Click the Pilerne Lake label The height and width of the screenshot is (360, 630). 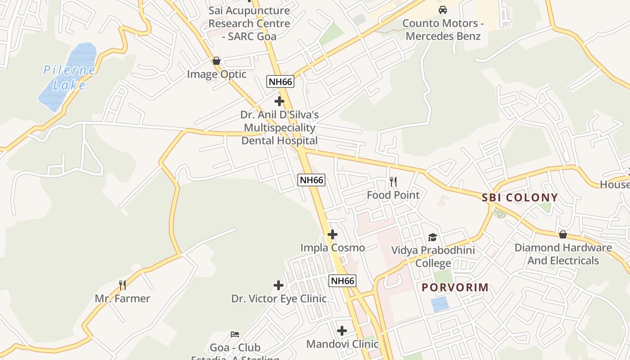pyautogui.click(x=69, y=77)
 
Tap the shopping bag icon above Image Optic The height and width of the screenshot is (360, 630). pyautogui.click(x=216, y=61)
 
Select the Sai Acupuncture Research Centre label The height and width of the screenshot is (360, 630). pyautogui.click(x=249, y=23)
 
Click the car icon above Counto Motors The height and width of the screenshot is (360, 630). pyautogui.click(x=443, y=10)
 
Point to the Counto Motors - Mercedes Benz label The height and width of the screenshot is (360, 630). pyautogui.click(x=443, y=30)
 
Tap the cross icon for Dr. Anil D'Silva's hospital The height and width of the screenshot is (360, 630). pyautogui.click(x=279, y=101)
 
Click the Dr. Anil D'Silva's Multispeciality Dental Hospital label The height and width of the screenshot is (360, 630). pyautogui.click(x=279, y=128)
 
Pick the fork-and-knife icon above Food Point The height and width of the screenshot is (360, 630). pyautogui.click(x=393, y=182)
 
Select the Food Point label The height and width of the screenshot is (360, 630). pyautogui.click(x=393, y=195)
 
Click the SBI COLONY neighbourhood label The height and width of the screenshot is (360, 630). pyautogui.click(x=520, y=198)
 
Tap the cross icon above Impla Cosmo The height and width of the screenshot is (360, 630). pyautogui.click(x=333, y=234)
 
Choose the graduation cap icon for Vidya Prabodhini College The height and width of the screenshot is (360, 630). pyautogui.click(x=432, y=237)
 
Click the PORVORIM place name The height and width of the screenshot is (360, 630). pyautogui.click(x=455, y=288)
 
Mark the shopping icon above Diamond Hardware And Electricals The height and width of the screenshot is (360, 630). pyautogui.click(x=563, y=234)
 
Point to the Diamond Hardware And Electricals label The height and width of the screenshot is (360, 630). pyautogui.click(x=563, y=254)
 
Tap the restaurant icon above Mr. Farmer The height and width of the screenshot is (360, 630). pyautogui.click(x=122, y=285)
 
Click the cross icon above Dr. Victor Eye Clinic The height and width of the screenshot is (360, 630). pyautogui.click(x=279, y=285)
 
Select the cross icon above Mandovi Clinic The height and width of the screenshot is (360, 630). pyautogui.click(x=342, y=331)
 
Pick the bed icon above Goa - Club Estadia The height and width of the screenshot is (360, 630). pyautogui.click(x=235, y=334)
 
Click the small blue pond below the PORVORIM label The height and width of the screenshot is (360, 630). pyautogui.click(x=440, y=305)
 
